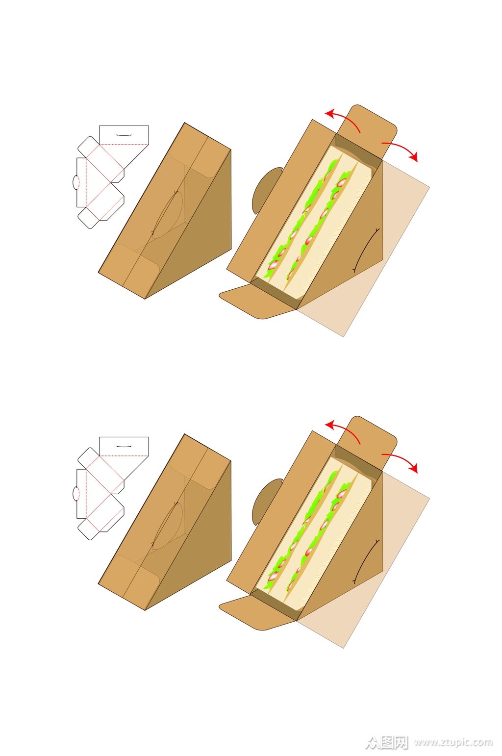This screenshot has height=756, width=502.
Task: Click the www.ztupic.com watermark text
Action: coord(453,742)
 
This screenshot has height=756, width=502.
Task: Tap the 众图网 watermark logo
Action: coord(387,742)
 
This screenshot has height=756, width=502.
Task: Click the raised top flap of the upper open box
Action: coord(368,131)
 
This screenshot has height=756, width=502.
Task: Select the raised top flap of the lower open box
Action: coord(368,443)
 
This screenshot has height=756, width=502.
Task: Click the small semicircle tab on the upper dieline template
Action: coord(75,182)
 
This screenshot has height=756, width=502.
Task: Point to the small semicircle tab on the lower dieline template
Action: coord(75,493)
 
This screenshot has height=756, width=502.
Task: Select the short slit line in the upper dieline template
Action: coord(124,135)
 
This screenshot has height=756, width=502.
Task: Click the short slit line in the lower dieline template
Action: coord(124,447)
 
